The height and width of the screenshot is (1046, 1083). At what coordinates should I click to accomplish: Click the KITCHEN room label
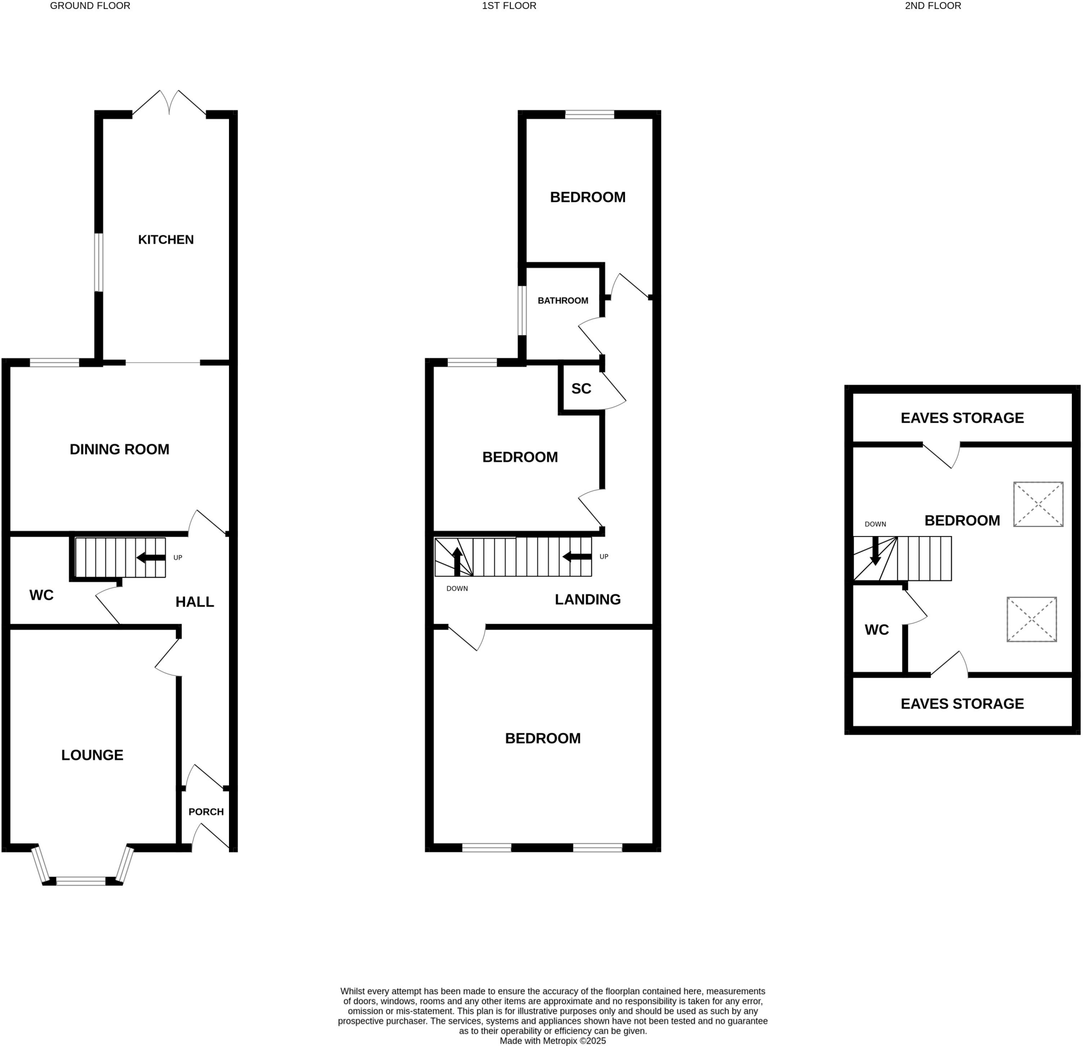[166, 239]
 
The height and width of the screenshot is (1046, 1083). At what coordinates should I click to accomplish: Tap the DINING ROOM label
[120, 449]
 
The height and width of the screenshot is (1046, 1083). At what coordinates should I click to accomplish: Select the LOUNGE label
[92, 754]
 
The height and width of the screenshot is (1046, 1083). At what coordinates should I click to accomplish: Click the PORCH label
[206, 812]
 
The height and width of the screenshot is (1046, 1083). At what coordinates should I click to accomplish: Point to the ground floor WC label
[41, 595]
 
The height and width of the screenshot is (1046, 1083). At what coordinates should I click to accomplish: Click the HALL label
[195, 602]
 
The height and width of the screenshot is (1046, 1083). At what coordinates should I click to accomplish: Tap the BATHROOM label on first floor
[563, 301]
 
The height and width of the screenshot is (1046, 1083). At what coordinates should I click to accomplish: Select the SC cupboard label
[581, 389]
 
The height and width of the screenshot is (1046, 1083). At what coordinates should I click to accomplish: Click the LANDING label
[588, 599]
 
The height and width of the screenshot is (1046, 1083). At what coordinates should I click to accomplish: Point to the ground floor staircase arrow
[150, 558]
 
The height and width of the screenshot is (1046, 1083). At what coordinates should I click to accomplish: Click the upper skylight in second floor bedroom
[1038, 504]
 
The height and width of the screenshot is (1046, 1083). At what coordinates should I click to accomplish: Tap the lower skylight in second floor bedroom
[1031, 619]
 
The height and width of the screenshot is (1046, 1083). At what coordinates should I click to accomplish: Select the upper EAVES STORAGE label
[962, 418]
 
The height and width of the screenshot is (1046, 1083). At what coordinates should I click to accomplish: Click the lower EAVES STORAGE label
[962, 704]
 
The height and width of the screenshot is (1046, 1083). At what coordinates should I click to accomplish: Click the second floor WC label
[876, 630]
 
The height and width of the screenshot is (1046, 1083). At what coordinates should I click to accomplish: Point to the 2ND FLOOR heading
[933, 6]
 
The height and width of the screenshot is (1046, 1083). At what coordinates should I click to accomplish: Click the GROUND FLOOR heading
[90, 6]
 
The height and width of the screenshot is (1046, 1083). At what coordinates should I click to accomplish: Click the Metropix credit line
[553, 1041]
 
